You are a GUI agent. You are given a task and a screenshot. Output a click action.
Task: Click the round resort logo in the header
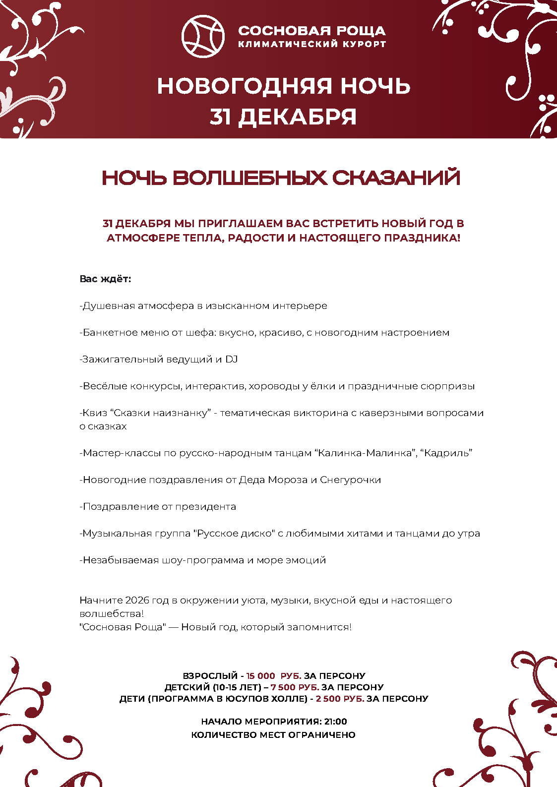pyautogui.click(x=202, y=36)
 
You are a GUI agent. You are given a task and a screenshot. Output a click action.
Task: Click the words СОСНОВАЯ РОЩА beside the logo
pyautogui.click(x=311, y=31)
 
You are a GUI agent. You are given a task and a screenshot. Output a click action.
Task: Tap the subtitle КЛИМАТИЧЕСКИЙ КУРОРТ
pyautogui.click(x=311, y=44)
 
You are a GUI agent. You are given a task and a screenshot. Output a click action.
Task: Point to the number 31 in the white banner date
pyautogui.click(x=221, y=117)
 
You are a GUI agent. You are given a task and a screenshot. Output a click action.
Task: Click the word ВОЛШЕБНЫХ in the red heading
pyautogui.click(x=250, y=178)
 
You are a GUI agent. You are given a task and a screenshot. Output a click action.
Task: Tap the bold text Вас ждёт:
pyautogui.click(x=105, y=279)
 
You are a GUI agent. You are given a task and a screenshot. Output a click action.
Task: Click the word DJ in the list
pyautogui.click(x=232, y=360)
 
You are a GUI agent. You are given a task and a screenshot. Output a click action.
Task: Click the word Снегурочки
pyautogui.click(x=351, y=480)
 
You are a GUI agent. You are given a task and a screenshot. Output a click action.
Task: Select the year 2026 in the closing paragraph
pyautogui.click(x=137, y=601)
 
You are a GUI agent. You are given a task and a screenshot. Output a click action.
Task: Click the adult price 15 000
pyautogui.click(x=260, y=676)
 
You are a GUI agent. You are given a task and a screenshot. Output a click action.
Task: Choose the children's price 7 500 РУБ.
pyautogui.click(x=295, y=687)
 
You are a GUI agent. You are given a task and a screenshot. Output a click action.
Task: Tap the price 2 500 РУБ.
pyautogui.click(x=340, y=699)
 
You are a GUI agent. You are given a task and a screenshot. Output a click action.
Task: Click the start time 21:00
pyautogui.click(x=336, y=722)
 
